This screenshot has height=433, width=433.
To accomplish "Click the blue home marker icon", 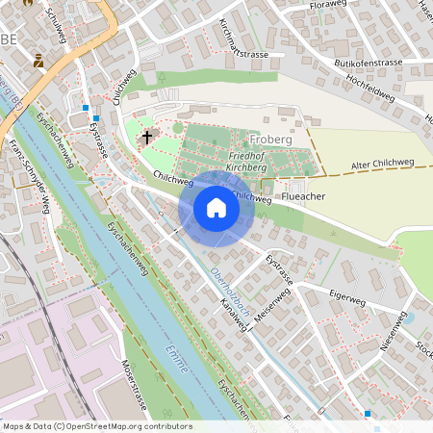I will (x=216, y=207).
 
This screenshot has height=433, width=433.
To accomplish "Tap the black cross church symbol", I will (x=147, y=138).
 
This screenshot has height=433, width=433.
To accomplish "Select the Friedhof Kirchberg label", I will (x=255, y=160).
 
